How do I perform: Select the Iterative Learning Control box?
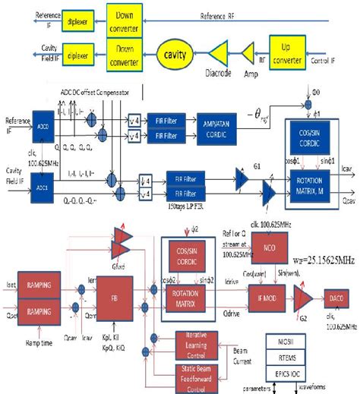pyautogui.click(x=201, y=341)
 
